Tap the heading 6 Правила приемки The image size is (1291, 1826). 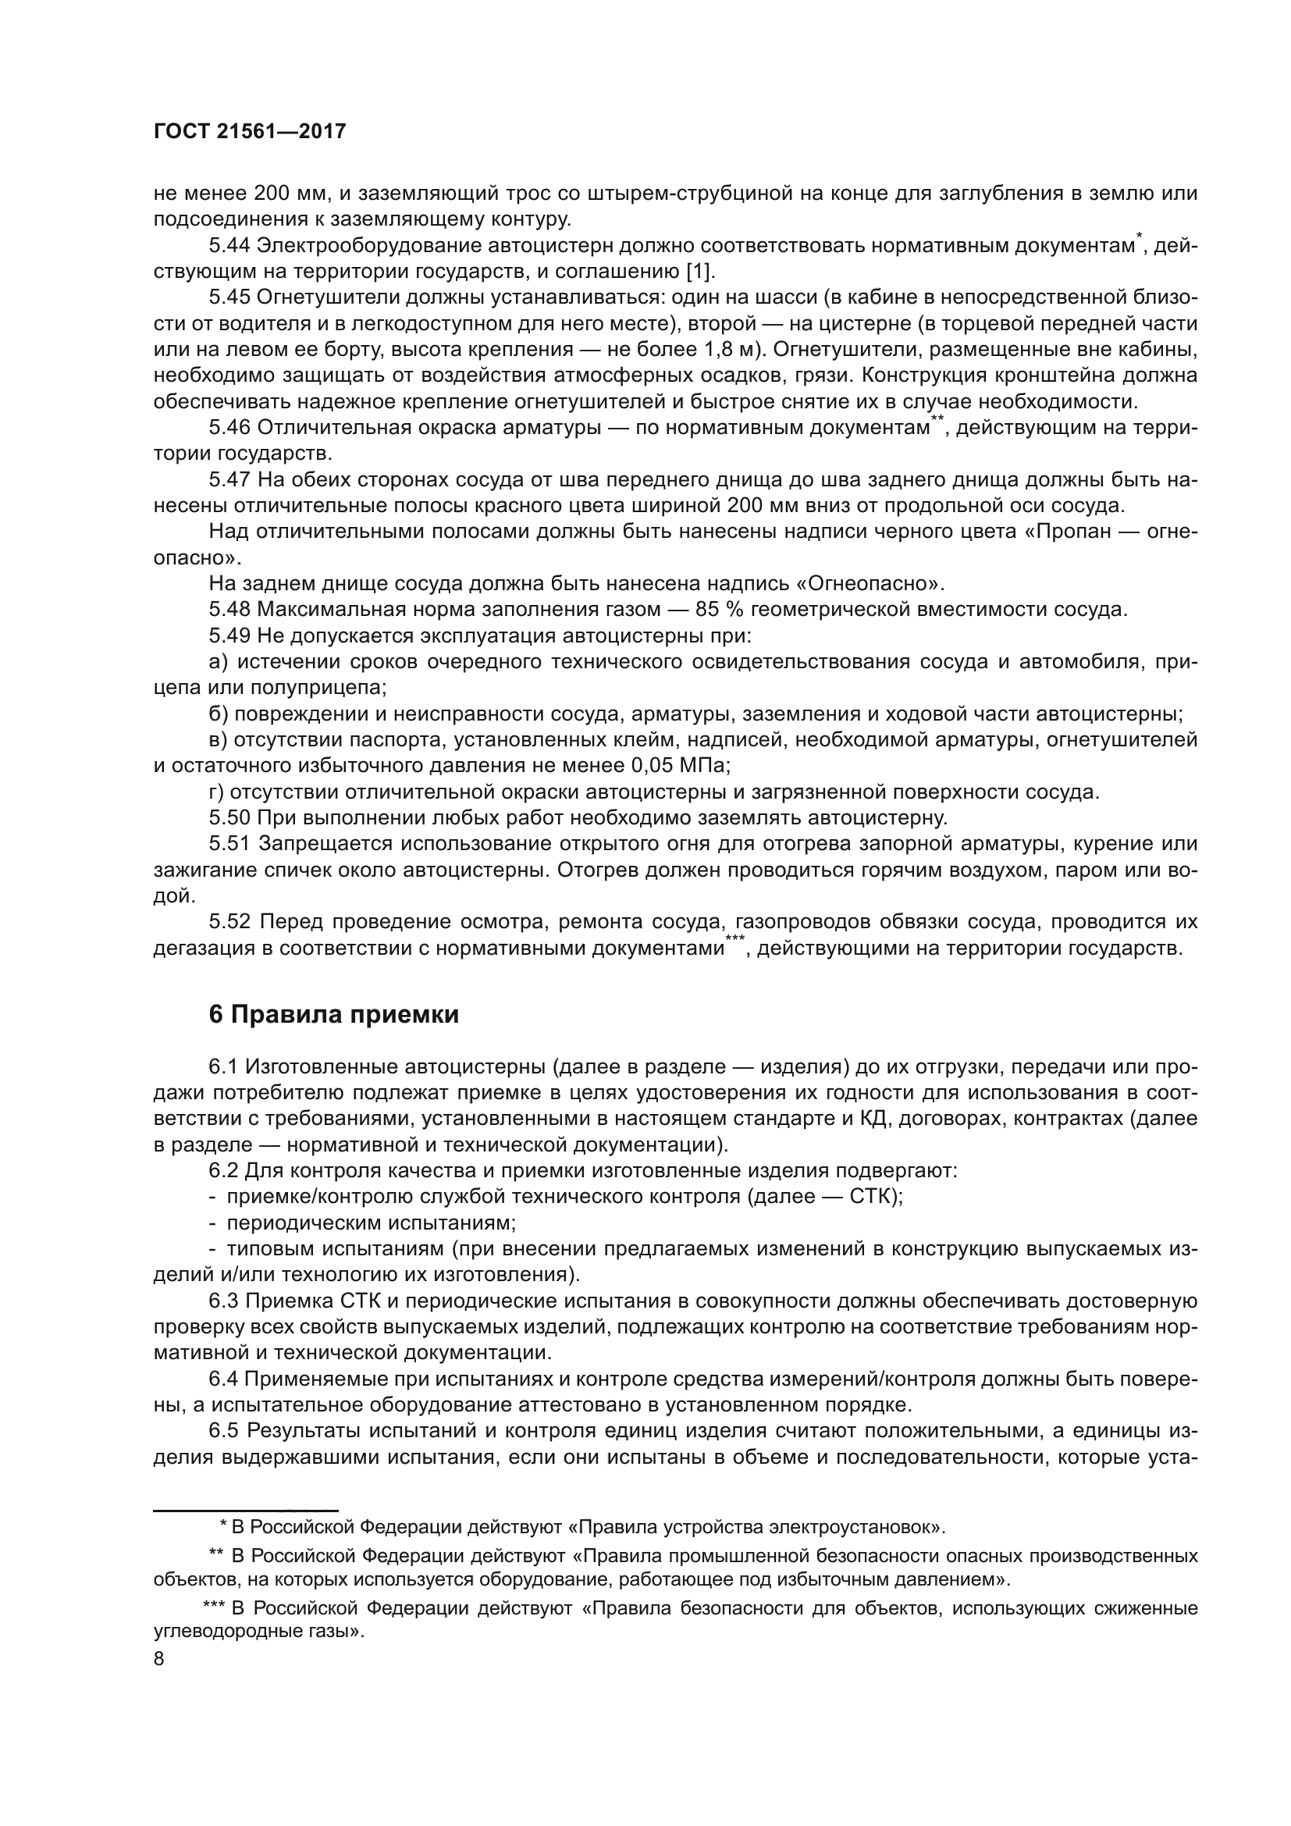tap(334, 1015)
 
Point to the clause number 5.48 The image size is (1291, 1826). tap(230, 610)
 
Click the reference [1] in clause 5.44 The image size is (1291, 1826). tap(699, 272)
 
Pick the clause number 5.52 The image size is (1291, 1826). tap(230, 922)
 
